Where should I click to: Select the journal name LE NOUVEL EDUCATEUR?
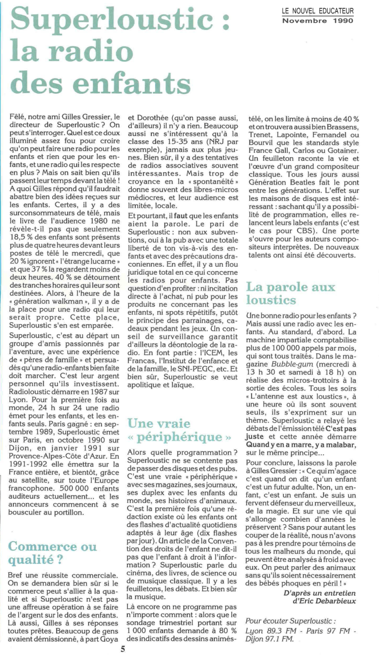(318, 11)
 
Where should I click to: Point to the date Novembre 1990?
(318, 21)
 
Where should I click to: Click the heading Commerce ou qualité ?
(53, 553)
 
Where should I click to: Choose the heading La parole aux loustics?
(291, 293)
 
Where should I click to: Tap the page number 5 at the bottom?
(122, 649)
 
